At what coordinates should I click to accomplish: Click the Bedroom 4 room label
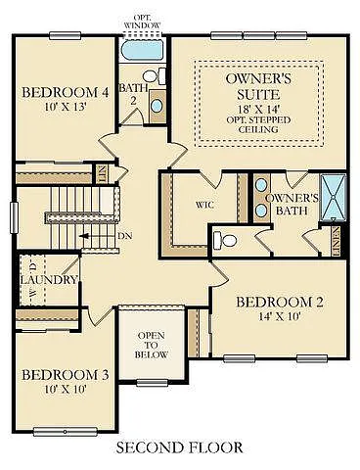(x=65, y=93)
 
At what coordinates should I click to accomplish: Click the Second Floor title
(x=179, y=449)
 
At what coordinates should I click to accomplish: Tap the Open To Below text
(x=153, y=345)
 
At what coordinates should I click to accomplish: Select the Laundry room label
(x=48, y=280)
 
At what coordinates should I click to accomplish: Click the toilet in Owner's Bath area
(x=224, y=239)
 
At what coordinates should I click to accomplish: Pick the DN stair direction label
(x=124, y=236)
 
